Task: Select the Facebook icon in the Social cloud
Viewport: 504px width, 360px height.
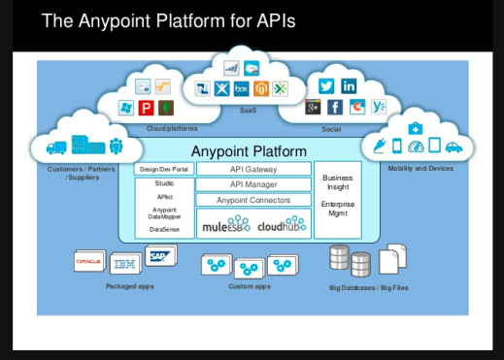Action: pyautogui.click(x=335, y=108)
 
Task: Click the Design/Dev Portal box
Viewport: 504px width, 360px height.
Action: pyautogui.click(x=164, y=168)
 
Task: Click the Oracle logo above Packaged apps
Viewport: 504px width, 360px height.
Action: pyautogui.click(x=89, y=259)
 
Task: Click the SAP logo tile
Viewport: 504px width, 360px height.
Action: pyautogui.click(x=159, y=255)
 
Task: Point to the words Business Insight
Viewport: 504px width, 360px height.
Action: pyautogui.click(x=338, y=183)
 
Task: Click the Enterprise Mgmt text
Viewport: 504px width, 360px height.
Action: pyautogui.click(x=338, y=209)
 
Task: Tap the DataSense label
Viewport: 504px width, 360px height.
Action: pyautogui.click(x=164, y=229)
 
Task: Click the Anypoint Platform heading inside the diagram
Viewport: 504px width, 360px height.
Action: pyautogui.click(x=249, y=151)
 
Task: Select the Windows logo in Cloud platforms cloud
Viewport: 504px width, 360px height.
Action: pyautogui.click(x=126, y=107)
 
